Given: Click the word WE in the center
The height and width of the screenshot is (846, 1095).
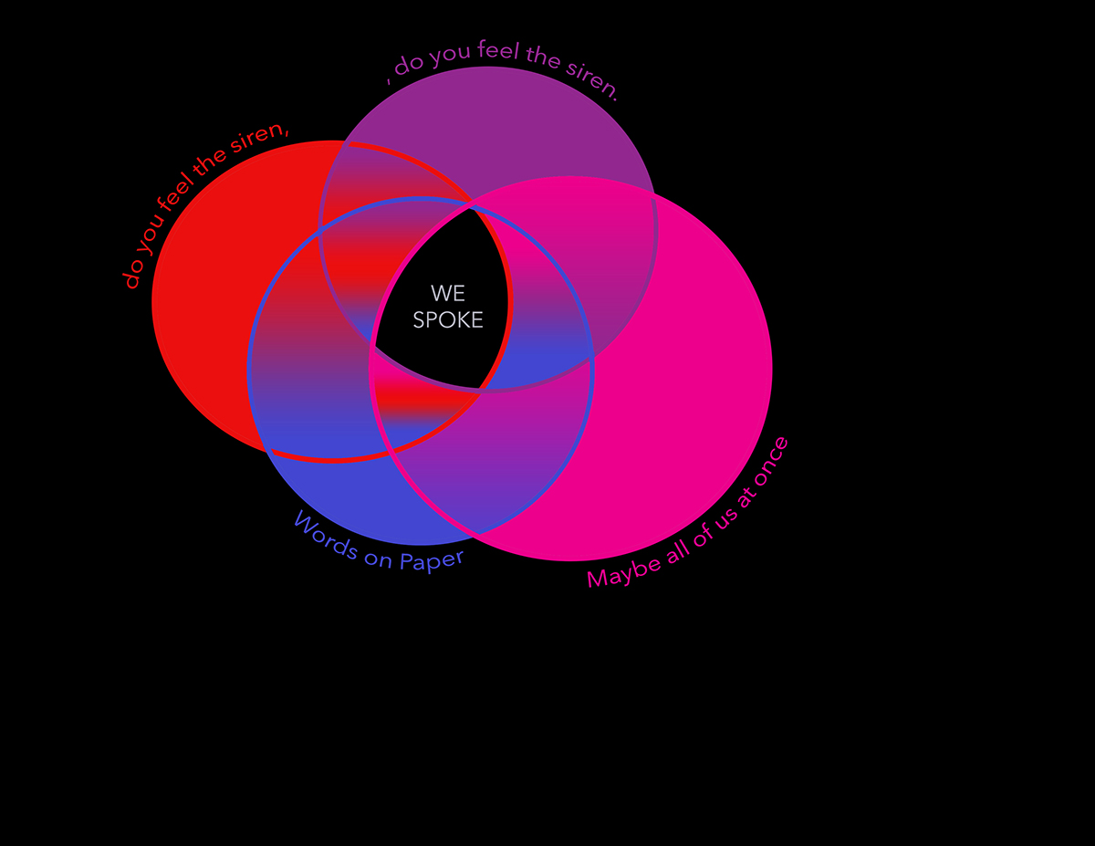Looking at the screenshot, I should (448, 293).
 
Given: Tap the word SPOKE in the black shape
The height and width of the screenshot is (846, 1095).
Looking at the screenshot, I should (448, 320).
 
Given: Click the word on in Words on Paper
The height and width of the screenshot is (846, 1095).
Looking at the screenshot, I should (377, 555).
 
